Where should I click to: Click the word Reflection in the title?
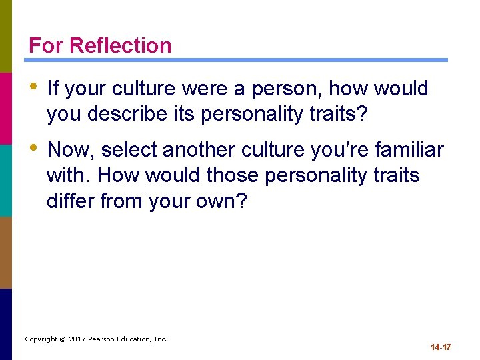tap(121, 45)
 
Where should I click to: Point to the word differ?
tap(71, 201)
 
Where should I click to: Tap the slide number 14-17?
tap(441, 347)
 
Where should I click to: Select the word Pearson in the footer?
tap(108, 339)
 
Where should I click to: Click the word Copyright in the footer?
tap(41, 339)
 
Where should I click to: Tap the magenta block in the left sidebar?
tap(6, 108)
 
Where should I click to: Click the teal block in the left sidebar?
tap(6, 180)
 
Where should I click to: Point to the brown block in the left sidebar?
tap(6, 252)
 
